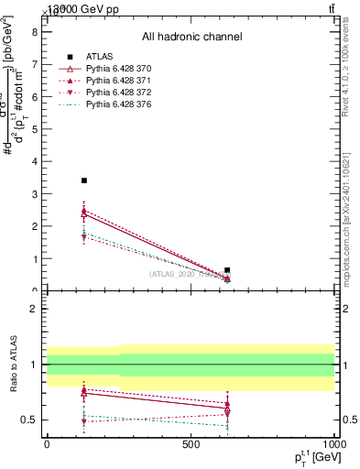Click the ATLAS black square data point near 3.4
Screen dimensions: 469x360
pos(84,180)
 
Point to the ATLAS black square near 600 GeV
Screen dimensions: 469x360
pos(227,270)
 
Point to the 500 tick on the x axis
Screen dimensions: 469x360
pos(191,444)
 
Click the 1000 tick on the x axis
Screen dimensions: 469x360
pos(334,444)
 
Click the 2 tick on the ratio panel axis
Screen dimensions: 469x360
pos(34,309)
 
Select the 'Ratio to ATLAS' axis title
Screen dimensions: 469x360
pos(13,364)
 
